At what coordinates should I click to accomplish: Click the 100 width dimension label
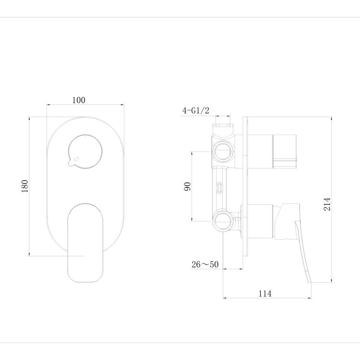[79, 100]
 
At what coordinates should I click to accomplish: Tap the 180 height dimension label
[25, 186]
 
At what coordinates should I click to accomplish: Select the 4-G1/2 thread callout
[196, 111]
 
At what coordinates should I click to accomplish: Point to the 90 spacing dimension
[187, 186]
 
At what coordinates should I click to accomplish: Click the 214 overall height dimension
[327, 204]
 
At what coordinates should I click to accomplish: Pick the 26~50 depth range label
[205, 264]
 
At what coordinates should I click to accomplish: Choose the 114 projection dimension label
[265, 294]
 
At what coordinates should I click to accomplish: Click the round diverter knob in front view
[85, 152]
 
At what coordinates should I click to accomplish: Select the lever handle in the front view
[85, 243]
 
